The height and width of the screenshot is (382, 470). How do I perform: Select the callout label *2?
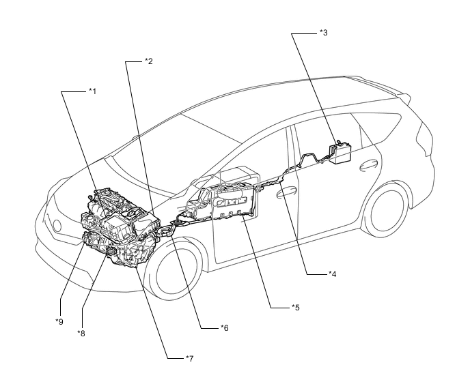pos(148,61)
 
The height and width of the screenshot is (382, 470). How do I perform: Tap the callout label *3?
pos(323,32)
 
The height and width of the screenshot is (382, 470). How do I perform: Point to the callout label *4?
pos(332,274)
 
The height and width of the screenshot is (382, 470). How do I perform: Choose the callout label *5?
pos(295,308)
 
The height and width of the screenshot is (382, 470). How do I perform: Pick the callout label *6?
pos(224,329)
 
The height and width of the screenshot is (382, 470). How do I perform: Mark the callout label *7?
pos(189,357)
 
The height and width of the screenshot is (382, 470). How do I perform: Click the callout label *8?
pos(81,333)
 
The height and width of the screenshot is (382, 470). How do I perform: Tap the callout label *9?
pos(59,320)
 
